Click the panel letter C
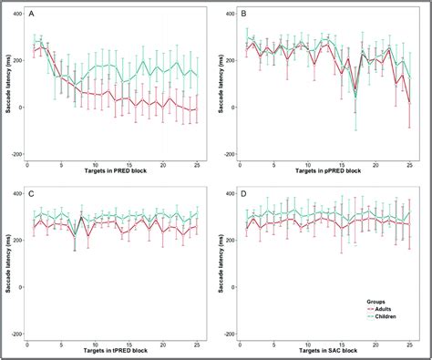[x=34, y=193]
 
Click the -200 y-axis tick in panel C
[x=15, y=334]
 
